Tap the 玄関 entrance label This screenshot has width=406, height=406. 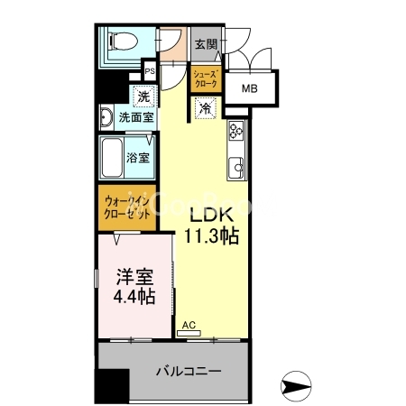205,43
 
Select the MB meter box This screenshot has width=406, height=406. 249,89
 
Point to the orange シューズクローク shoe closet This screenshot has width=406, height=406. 205,77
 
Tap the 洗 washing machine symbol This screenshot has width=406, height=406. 143,97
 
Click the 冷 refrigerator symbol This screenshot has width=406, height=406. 205,107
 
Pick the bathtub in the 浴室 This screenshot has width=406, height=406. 116,157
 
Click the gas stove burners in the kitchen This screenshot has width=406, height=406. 236,132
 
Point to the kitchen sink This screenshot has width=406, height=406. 237,166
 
